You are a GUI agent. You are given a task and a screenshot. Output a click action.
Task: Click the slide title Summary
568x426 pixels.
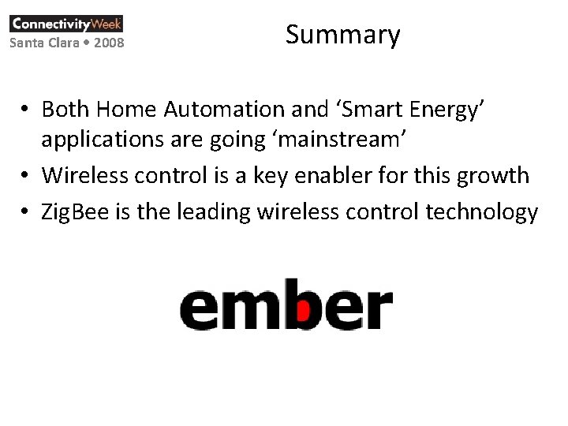tap(343, 35)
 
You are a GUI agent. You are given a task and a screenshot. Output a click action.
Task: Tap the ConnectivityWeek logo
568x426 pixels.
tap(66, 23)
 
